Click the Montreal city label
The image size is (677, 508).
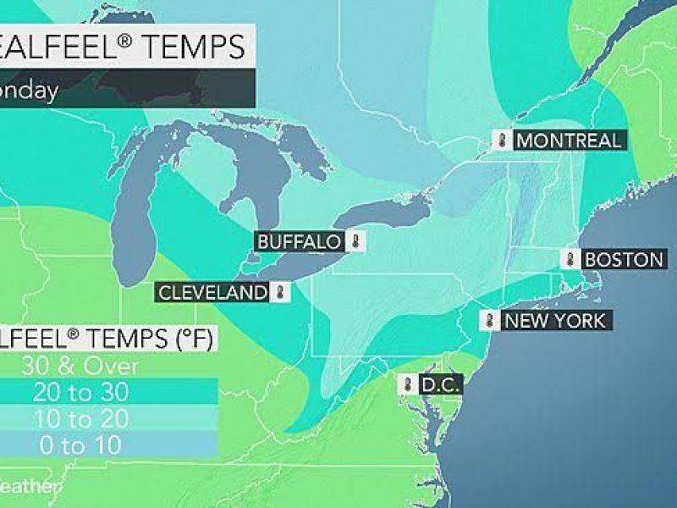(x=569, y=141)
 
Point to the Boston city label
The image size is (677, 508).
(x=623, y=259)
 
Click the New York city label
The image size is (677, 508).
(x=554, y=321)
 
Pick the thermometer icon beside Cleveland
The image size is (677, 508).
(x=280, y=293)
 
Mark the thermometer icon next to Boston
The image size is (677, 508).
(x=571, y=259)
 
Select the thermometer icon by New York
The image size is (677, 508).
(x=490, y=321)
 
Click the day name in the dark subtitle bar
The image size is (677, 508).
(x=30, y=91)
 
